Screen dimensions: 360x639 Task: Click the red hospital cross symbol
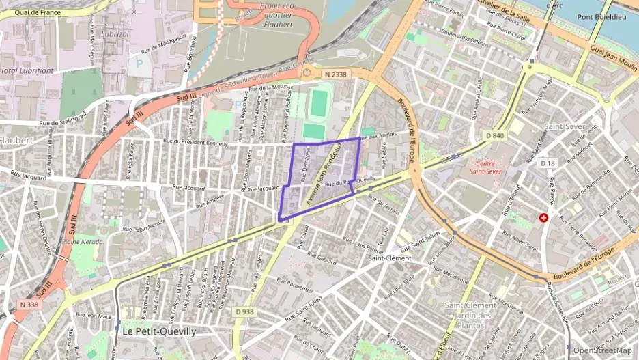coord(543,218)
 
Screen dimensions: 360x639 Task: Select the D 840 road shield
coord(495,136)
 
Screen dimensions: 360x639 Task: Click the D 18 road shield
coord(547,163)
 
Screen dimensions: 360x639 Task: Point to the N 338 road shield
coord(29,304)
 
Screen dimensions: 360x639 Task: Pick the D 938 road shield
coord(244,311)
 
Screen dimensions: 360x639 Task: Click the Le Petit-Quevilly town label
coord(159,331)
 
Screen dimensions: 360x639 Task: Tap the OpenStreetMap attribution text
coord(602,350)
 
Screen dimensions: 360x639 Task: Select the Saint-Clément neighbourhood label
coord(390,258)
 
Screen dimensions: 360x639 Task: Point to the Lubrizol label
coord(115,33)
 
